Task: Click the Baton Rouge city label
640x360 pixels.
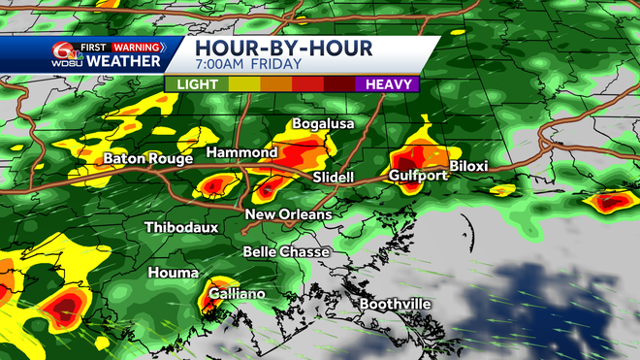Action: coord(144,157)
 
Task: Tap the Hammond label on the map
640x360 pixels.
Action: coord(242,153)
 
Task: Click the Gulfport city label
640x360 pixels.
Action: coord(418,176)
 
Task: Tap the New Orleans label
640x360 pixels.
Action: coord(288,214)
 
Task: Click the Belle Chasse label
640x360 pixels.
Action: coord(286,251)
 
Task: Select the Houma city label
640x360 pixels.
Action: coord(173,274)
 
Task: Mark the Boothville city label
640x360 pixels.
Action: coord(396,304)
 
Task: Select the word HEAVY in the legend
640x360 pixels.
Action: coord(389,84)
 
